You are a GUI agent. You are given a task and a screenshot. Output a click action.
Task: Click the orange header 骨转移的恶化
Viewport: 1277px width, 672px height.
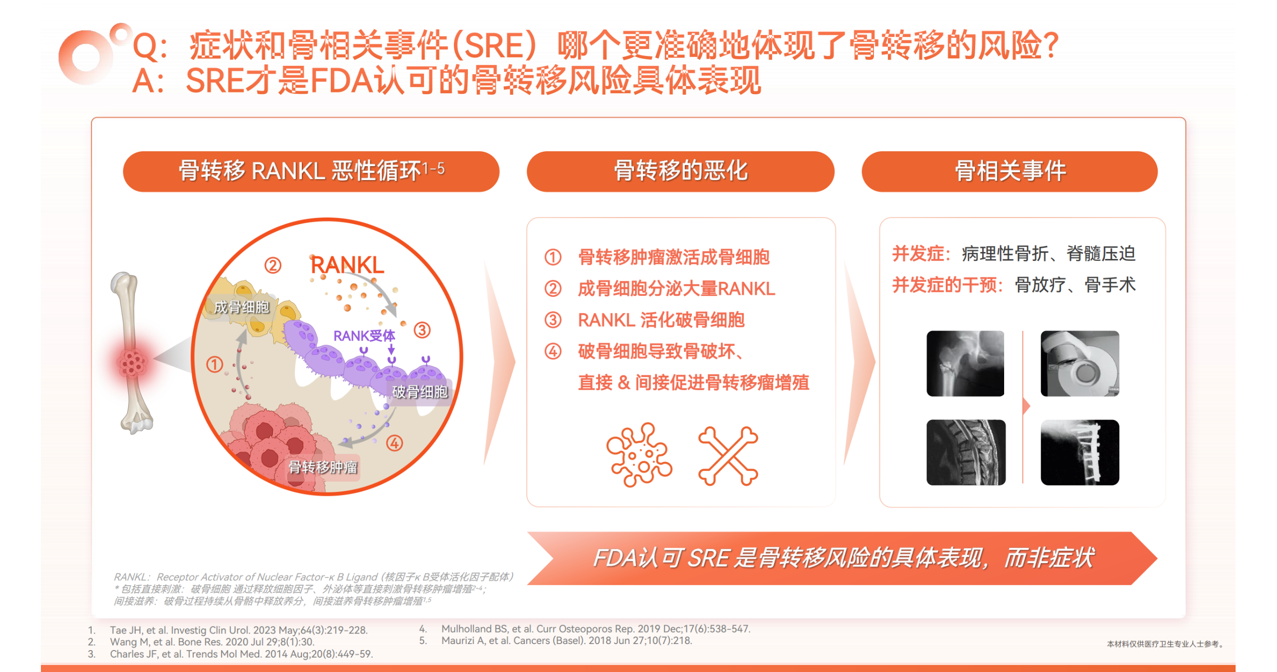click(x=680, y=171)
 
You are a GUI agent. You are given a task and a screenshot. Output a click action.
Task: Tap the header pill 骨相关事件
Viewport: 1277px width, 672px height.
click(x=1010, y=171)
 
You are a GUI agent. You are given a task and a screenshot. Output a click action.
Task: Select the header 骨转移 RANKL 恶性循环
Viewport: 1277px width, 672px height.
click(x=311, y=171)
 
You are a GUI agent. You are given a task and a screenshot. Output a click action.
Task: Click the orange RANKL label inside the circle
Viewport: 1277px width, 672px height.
click(x=347, y=265)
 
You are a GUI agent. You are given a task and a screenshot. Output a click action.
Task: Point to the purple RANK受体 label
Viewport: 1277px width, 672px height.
click(x=364, y=336)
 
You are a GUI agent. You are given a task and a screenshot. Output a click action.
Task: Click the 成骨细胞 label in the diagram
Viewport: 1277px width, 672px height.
click(x=241, y=307)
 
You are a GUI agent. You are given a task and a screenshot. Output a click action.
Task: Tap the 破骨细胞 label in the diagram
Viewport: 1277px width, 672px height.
click(x=420, y=392)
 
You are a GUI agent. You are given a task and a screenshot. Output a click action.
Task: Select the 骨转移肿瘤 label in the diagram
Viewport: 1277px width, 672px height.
click(x=323, y=467)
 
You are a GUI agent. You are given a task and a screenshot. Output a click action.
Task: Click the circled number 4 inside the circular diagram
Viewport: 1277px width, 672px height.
click(x=395, y=443)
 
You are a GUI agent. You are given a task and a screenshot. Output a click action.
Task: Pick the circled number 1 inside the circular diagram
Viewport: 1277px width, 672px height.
click(x=214, y=365)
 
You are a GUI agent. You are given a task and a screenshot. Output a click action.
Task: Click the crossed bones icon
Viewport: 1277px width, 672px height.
click(x=728, y=456)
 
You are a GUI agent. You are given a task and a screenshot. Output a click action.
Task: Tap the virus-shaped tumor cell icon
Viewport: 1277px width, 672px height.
click(x=639, y=455)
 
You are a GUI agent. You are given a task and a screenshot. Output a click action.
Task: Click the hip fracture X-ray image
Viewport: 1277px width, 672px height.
click(x=965, y=364)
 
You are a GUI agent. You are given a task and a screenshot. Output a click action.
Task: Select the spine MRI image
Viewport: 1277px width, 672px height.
click(x=966, y=452)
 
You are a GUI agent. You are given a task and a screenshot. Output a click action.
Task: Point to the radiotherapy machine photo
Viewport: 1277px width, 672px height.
click(x=1080, y=364)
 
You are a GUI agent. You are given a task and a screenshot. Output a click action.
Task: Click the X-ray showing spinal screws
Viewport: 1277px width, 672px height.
click(x=1080, y=452)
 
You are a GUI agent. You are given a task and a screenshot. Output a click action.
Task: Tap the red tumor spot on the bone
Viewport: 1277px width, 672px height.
click(x=132, y=362)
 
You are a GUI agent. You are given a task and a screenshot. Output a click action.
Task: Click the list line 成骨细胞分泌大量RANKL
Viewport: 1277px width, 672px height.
click(x=676, y=289)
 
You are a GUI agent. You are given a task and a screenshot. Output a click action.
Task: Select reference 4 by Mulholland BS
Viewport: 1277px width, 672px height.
click(x=596, y=629)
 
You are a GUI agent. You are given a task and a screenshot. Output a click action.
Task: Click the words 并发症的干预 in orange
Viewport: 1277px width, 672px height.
click(x=947, y=285)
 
